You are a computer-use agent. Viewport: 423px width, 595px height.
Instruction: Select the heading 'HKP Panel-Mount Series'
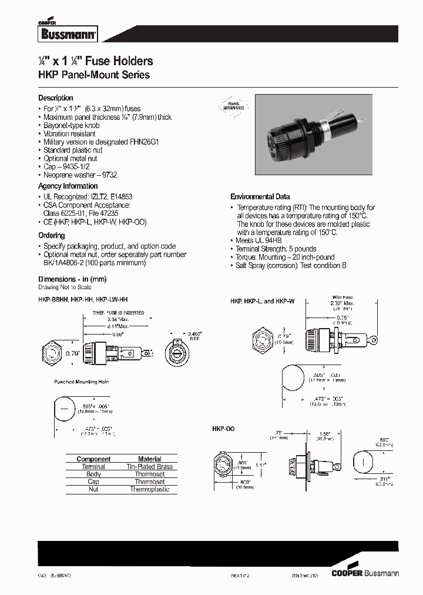click(93, 75)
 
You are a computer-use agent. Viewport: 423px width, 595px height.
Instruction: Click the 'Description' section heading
click(56, 98)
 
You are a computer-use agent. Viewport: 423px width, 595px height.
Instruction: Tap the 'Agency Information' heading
click(68, 186)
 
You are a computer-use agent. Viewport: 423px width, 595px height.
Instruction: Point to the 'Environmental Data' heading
click(260, 196)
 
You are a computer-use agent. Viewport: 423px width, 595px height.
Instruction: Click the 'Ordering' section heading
click(52, 235)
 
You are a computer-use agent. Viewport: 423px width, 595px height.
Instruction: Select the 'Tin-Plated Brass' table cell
click(150, 467)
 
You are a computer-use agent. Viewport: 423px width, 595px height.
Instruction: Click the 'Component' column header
click(93, 459)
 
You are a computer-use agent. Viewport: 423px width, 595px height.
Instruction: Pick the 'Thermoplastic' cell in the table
click(150, 489)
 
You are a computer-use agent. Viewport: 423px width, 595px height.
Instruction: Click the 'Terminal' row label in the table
click(93, 467)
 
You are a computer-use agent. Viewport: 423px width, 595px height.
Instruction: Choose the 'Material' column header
click(150, 459)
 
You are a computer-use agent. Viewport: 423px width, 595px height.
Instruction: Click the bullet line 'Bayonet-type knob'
click(72, 125)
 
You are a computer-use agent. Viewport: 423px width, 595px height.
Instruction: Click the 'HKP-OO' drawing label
click(223, 430)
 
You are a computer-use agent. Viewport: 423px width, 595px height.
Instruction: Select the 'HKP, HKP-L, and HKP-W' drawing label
click(262, 301)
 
